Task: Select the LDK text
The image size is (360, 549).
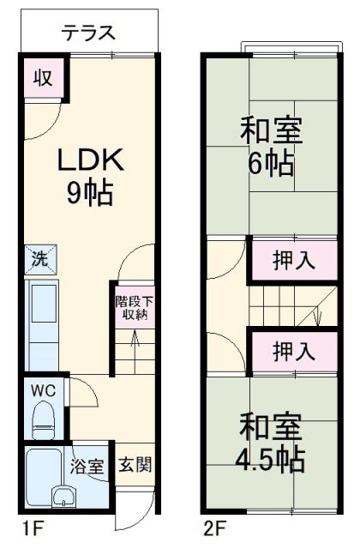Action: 91,160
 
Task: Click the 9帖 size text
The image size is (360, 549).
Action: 91,194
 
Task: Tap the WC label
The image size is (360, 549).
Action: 44,390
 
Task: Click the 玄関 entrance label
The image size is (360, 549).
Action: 134,468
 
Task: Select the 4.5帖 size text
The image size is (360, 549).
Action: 270,457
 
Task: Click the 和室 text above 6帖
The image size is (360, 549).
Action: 268,131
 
